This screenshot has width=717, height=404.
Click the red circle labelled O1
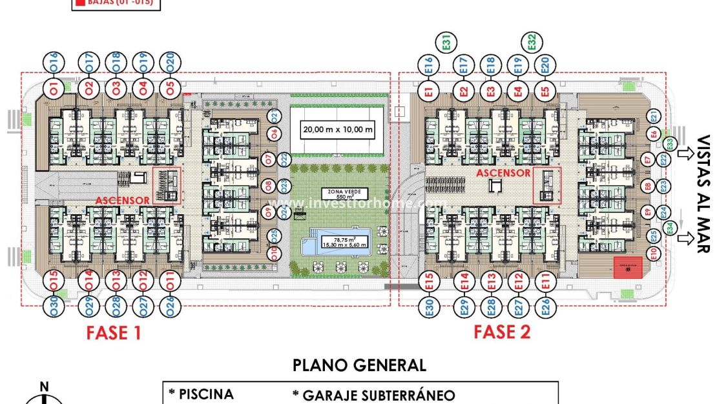click(54, 87)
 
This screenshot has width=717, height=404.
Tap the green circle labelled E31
click(446, 43)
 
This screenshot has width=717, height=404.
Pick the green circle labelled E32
click(531, 43)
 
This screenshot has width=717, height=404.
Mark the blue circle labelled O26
click(169, 307)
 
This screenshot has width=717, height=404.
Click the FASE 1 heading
click(114, 333)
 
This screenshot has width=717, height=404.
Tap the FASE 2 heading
click(502, 332)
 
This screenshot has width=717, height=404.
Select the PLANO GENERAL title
click(359, 365)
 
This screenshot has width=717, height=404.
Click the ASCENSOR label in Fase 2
click(503, 173)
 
